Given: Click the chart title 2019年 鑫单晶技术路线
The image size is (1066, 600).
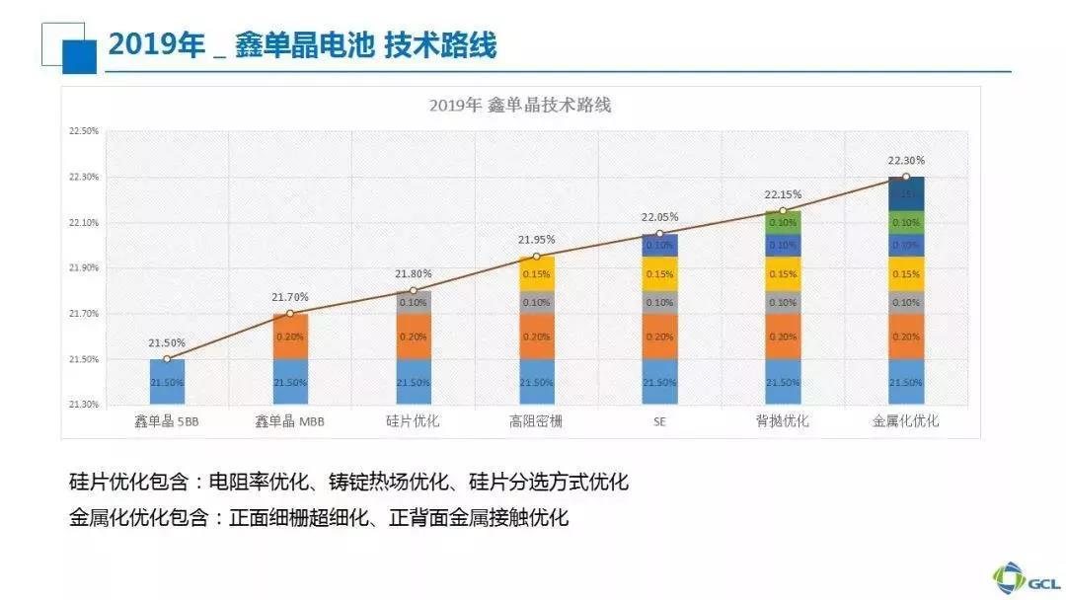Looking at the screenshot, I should coord(520,105).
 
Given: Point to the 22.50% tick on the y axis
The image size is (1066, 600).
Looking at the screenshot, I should coord(84,131).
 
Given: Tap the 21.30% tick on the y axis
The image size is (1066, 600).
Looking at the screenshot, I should coord(84,404).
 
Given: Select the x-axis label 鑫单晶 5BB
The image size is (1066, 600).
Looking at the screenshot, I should coord(167,421).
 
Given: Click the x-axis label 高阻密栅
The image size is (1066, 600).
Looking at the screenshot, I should coord(536,421).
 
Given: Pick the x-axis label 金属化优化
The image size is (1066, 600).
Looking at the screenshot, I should coord(906,421).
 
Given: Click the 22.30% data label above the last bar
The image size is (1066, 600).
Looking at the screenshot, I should coord(906,161).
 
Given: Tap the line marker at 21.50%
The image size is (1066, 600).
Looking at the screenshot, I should coord(167,358).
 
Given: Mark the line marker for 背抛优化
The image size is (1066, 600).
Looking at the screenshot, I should coord(783,210).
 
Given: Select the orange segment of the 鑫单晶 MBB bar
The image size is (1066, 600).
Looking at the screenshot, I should coord(290,336).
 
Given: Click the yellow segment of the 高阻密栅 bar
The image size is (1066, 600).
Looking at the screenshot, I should coord(536,273).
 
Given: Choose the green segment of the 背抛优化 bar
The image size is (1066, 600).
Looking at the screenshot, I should coord(783,222).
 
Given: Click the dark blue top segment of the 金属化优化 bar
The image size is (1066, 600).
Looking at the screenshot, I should coord(906,193).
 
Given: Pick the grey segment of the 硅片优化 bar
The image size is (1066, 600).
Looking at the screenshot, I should coord(414,302).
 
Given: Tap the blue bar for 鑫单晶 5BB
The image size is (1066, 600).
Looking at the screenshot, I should coord(167,381).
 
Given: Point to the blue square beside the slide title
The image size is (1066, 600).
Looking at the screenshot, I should coord(79,57).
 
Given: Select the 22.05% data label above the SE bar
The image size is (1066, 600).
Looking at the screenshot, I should coord(659,217).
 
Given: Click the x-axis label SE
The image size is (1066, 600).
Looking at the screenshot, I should coord(659,421).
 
